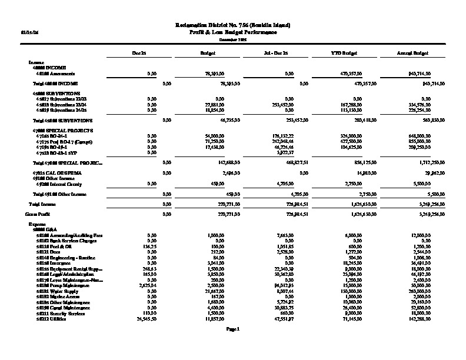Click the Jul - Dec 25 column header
click(276, 54)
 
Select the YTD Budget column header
click(342, 54)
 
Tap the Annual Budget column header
click(412, 54)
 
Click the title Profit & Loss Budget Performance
click(233, 31)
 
